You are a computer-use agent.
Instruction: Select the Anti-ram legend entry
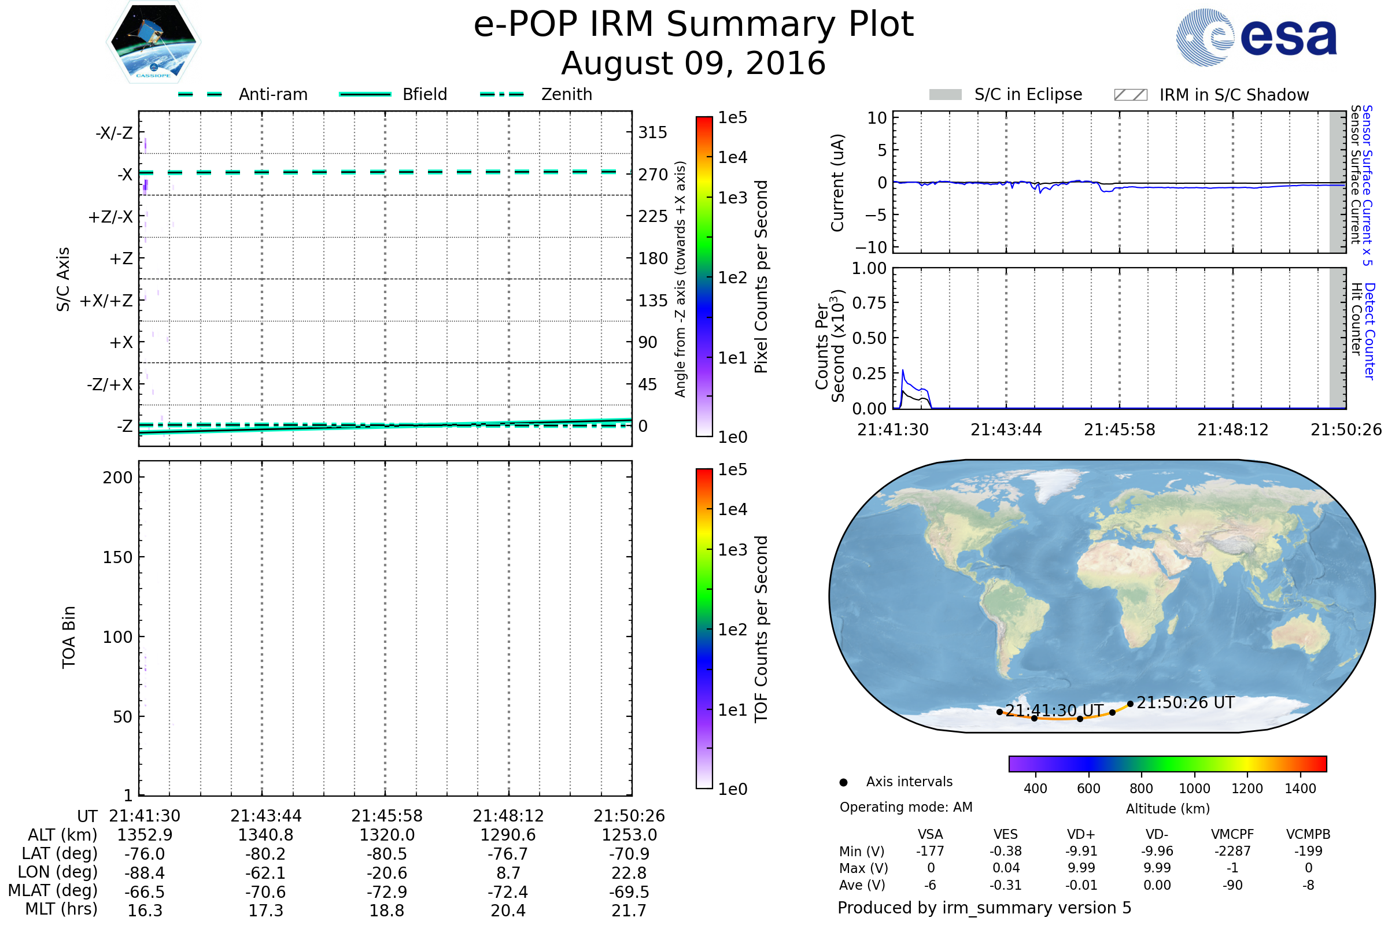click(243, 94)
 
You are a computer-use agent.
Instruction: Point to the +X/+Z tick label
click(106, 301)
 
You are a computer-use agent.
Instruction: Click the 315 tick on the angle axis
click(652, 132)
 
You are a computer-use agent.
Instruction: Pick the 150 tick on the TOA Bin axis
click(117, 557)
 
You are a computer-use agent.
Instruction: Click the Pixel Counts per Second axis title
click(761, 277)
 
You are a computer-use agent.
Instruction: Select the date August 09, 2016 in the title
click(693, 63)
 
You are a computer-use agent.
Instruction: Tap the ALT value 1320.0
click(387, 835)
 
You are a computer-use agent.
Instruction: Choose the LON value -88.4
click(145, 873)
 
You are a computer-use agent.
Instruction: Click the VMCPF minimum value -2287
click(1232, 851)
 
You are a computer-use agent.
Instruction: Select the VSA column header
click(930, 835)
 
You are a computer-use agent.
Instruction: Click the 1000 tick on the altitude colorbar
click(1194, 789)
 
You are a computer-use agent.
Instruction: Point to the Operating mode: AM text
click(906, 807)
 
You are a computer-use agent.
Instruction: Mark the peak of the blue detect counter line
click(902, 371)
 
